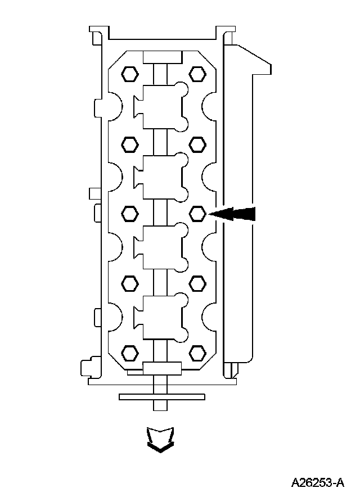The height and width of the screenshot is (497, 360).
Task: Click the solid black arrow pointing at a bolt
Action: click(x=232, y=214)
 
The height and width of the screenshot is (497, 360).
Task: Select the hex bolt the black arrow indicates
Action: click(x=197, y=214)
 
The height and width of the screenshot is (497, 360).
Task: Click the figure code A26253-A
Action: click(x=318, y=483)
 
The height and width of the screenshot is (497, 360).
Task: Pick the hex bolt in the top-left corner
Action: click(x=130, y=74)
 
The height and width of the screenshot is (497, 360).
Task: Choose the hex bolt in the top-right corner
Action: click(x=197, y=74)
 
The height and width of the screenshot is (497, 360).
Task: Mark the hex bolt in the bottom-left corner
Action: click(x=130, y=353)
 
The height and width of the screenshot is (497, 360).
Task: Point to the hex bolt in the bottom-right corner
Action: click(x=197, y=353)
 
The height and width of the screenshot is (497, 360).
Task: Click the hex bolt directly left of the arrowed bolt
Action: click(x=130, y=214)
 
